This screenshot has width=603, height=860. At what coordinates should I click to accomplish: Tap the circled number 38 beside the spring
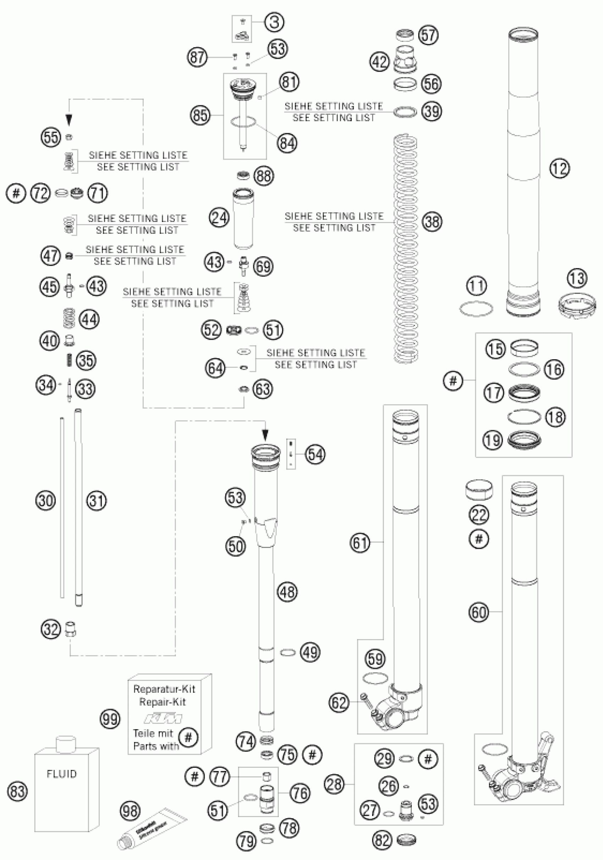[x=432, y=221]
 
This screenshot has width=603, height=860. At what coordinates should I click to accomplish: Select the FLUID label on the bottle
[x=61, y=774]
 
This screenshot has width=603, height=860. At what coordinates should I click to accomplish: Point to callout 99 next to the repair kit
[x=110, y=719]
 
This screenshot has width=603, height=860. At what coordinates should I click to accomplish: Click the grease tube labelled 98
[x=152, y=828]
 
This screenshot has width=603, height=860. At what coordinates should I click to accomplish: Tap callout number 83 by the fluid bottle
[x=18, y=792]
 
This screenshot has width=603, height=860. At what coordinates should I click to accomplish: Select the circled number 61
[x=360, y=542]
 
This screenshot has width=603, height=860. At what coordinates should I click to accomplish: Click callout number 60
[x=478, y=612]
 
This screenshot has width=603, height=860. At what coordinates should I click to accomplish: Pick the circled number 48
[x=287, y=592]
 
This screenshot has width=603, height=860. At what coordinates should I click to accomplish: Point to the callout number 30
[x=46, y=500]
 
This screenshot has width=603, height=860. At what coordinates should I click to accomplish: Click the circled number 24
[x=219, y=218]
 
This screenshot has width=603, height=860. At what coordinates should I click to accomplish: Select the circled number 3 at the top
[x=274, y=22]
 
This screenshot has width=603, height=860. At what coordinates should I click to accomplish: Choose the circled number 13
[x=577, y=278]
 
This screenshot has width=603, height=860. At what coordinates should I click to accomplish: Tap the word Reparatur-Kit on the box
[x=164, y=689]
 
